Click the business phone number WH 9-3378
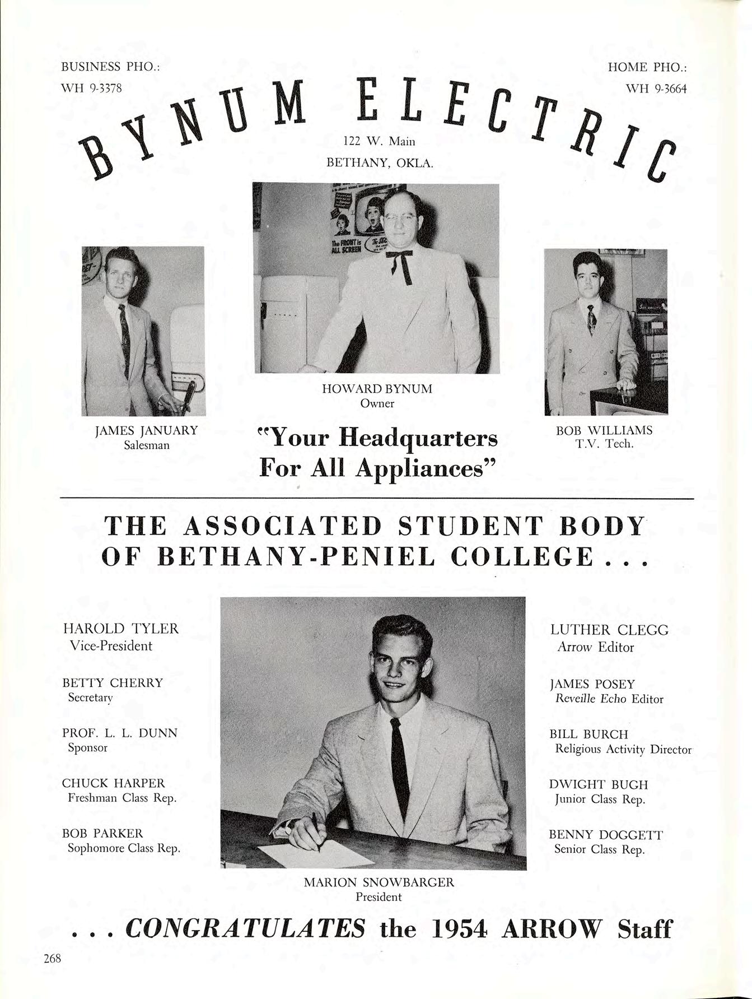click(x=92, y=88)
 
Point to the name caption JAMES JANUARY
click(x=146, y=430)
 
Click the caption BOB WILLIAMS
click(x=604, y=430)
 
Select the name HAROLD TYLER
click(x=120, y=629)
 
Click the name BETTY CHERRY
click(x=113, y=682)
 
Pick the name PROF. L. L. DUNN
click(x=119, y=733)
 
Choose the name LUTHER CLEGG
click(x=609, y=630)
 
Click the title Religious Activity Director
click(x=623, y=749)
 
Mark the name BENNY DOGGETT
click(x=606, y=835)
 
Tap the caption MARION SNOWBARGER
click(x=379, y=882)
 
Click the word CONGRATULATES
click(x=246, y=928)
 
